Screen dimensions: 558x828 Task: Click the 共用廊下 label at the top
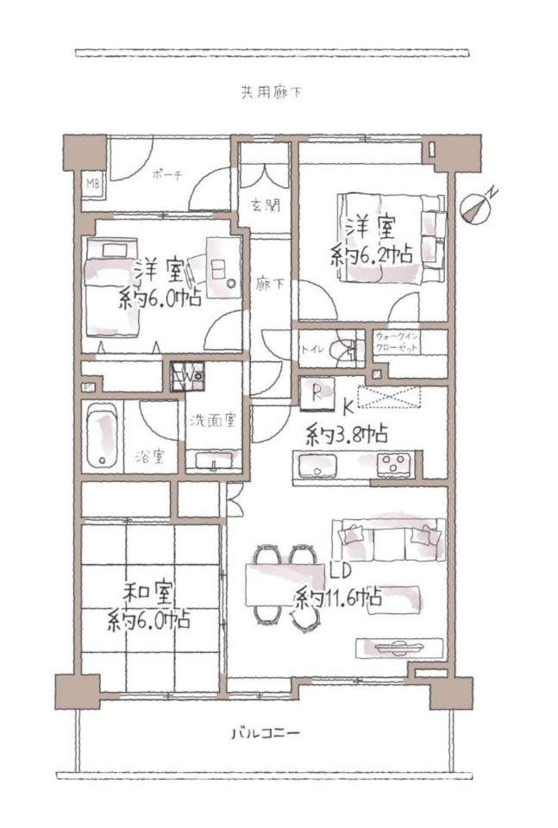(x=272, y=93)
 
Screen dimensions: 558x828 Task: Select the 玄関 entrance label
(x=266, y=205)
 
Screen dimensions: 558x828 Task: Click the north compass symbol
(x=478, y=206)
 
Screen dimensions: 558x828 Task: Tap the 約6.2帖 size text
(x=372, y=256)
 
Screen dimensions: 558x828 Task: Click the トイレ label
(x=312, y=349)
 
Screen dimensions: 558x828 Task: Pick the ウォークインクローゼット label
(x=397, y=342)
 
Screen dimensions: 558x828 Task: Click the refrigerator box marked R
(x=317, y=394)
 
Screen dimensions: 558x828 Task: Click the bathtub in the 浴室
(x=103, y=436)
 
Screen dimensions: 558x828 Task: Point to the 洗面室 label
(x=213, y=420)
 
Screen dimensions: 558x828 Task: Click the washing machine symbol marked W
(x=188, y=377)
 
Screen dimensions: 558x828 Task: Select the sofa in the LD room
(x=389, y=539)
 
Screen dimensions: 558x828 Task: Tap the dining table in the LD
(x=285, y=585)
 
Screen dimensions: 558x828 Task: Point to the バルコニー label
(x=266, y=733)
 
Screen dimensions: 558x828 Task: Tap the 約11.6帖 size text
(x=338, y=598)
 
